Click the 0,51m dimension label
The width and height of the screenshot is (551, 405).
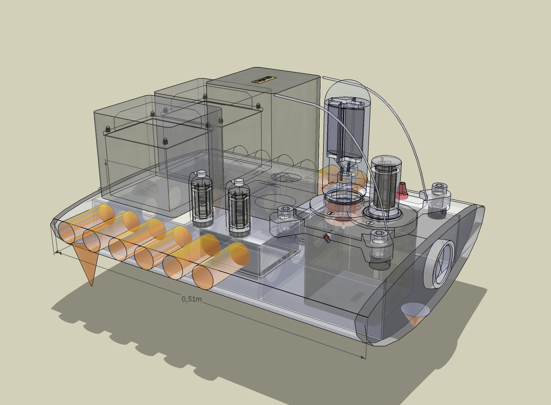[x=191, y=299]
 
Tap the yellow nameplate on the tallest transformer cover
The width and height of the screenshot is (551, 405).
[x=264, y=80]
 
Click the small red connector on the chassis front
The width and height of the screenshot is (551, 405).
[x=327, y=237]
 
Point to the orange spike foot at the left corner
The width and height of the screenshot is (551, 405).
[x=88, y=265]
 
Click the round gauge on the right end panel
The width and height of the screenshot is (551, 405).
[x=439, y=264]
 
